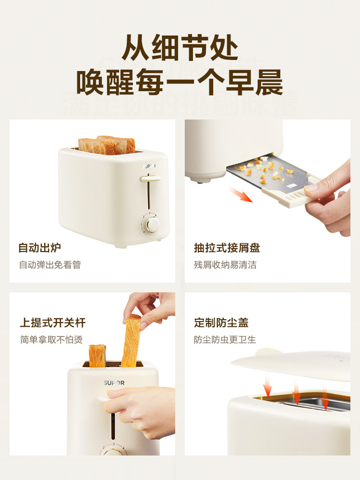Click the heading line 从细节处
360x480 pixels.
pyautogui.click(x=180, y=47)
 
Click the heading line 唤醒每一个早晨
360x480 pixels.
pyautogui.click(x=180, y=83)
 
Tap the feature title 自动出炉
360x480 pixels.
pyautogui.click(x=40, y=248)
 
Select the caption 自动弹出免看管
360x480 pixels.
pyautogui.click(x=50, y=265)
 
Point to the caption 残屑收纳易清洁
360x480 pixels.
pyautogui.click(x=225, y=265)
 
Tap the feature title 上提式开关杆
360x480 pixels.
pyautogui.click(x=53, y=323)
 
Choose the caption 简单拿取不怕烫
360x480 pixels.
pyautogui.click(x=51, y=340)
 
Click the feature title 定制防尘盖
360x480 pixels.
pyautogui.click(x=221, y=323)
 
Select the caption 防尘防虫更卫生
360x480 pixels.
pyautogui.click(x=225, y=340)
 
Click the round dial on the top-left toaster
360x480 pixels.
pyautogui.click(x=153, y=224)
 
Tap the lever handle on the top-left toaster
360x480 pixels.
pyautogui.click(x=150, y=179)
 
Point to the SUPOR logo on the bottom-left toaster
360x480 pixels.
pyautogui.click(x=114, y=383)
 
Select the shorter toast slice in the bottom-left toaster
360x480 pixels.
pyautogui.click(x=97, y=355)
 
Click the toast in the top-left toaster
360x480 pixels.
pyautogui.click(x=107, y=145)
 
